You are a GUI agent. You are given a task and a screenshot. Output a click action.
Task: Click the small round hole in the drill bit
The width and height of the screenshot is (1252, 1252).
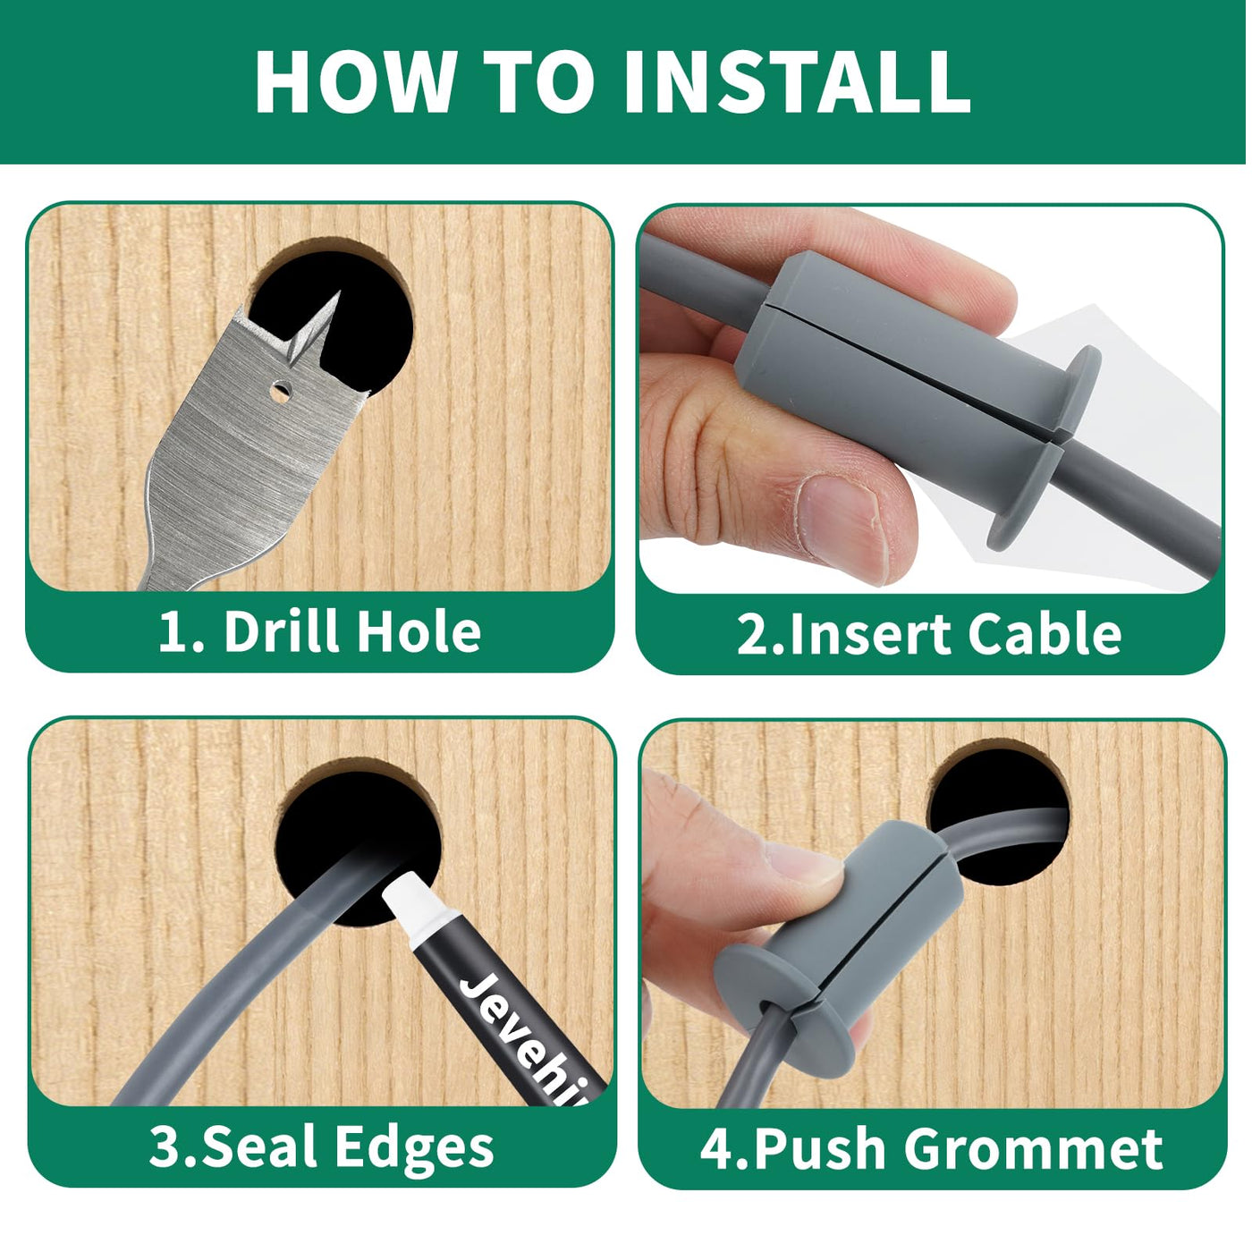(281, 391)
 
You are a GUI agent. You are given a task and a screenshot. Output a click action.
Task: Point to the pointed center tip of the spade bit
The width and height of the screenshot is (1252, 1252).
(339, 293)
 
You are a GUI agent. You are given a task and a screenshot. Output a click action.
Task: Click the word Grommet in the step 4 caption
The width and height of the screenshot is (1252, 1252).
(1034, 1148)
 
